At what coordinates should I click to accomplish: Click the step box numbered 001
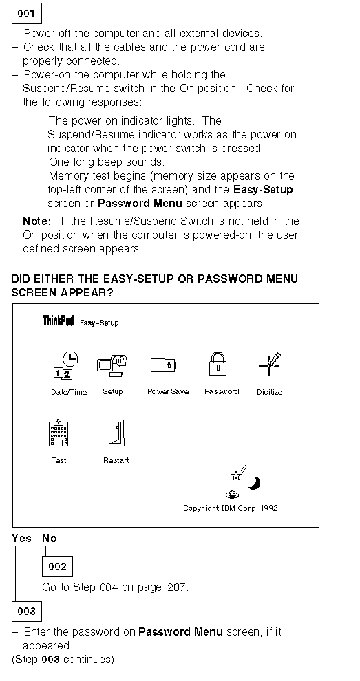click(27, 14)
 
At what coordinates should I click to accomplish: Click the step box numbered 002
click(57, 566)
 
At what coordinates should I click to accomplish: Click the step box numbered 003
click(27, 612)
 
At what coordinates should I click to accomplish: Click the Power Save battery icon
click(163, 365)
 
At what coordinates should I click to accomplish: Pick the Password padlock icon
click(218, 364)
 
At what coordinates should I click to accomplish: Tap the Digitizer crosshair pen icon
click(270, 365)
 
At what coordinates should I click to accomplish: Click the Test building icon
click(59, 432)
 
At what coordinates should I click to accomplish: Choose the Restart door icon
click(116, 433)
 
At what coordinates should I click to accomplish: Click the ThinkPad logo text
click(59, 321)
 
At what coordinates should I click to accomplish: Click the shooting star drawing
click(238, 473)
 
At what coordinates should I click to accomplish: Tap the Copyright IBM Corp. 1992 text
click(231, 508)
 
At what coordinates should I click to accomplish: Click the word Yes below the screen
click(22, 539)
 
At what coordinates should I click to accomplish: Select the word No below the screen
click(50, 539)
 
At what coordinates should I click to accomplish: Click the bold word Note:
click(37, 221)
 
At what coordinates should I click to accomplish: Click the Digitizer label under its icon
click(271, 392)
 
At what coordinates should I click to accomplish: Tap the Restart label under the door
click(116, 460)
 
